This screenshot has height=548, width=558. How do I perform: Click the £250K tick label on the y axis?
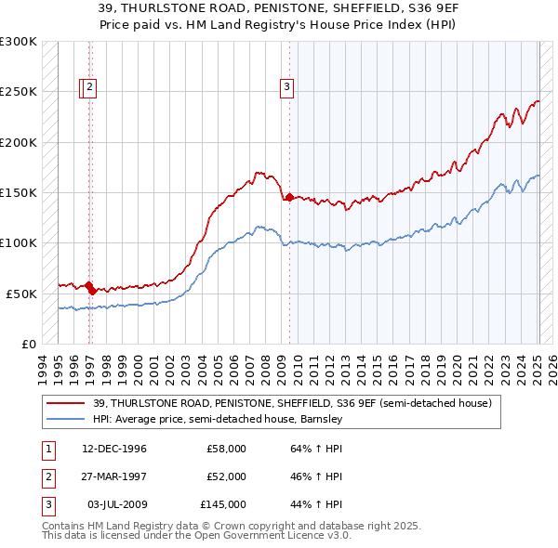19,92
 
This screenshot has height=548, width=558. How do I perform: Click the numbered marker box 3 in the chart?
286,88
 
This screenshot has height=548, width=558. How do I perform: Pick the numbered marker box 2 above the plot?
89,88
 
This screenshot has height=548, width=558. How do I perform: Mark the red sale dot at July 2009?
289,197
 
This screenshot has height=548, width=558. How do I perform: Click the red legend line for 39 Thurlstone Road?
65,403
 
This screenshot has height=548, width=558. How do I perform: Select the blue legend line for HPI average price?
65,419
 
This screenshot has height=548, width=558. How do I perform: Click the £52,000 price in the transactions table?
226,476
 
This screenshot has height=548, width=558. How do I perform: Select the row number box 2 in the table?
48,476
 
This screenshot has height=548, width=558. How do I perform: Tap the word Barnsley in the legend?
321,419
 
